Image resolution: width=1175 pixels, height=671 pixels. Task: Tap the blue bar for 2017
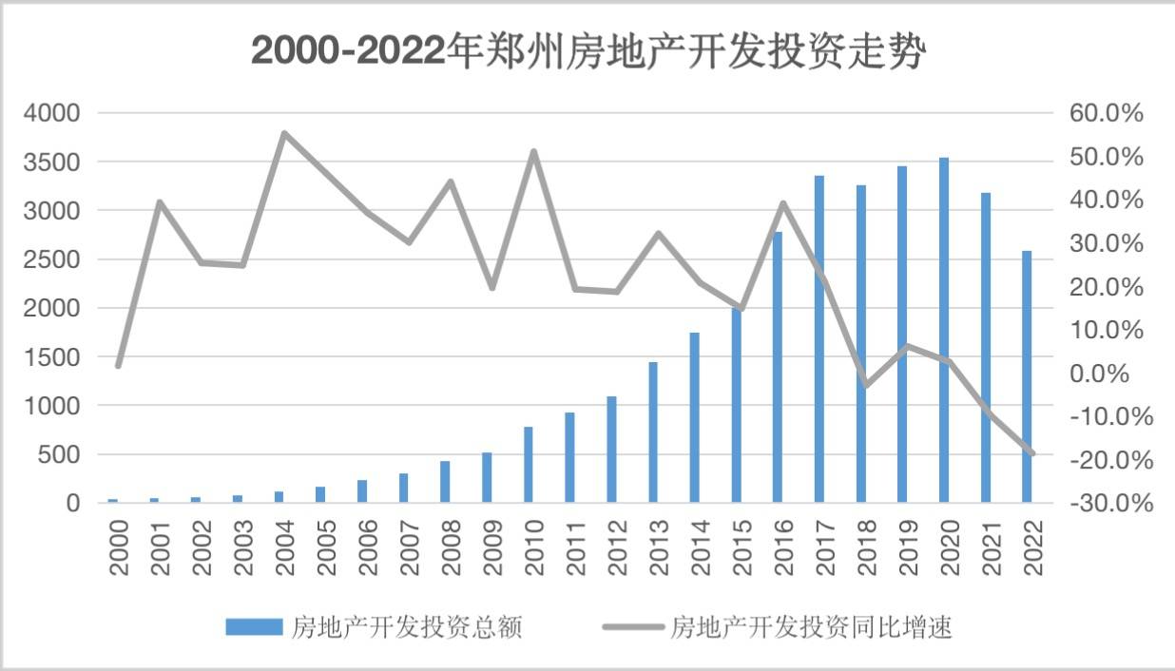click(x=819, y=338)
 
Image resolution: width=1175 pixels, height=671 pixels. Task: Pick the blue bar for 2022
click(x=1027, y=376)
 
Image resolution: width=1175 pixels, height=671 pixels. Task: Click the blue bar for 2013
click(x=653, y=431)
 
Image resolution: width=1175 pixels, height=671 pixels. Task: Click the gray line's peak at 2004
click(x=284, y=133)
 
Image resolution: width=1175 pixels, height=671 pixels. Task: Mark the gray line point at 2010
click(x=533, y=151)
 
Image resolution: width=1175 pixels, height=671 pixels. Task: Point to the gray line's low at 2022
click(x=1031, y=453)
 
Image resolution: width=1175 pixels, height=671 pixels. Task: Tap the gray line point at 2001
click(x=160, y=201)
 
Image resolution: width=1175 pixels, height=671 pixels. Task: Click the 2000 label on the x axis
click(x=118, y=547)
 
